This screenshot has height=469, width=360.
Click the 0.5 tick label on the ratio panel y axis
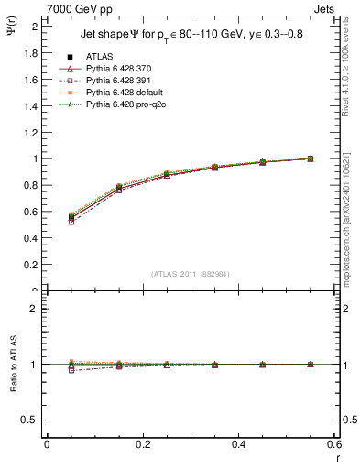click(x=32, y=420)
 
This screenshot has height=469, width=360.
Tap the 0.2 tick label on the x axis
click(x=143, y=443)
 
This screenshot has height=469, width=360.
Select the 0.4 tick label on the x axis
click(x=239, y=443)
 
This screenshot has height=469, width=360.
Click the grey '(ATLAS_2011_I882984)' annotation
click(x=191, y=274)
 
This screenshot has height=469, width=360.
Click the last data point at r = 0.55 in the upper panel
click(x=311, y=158)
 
